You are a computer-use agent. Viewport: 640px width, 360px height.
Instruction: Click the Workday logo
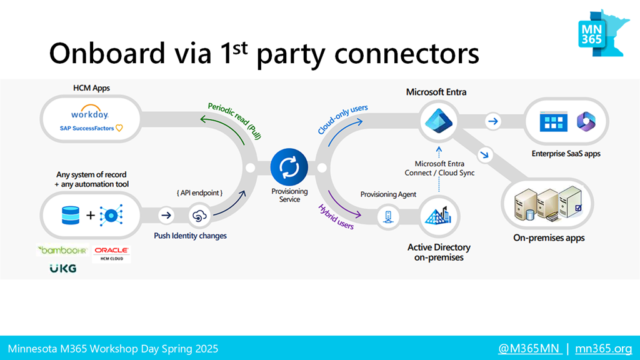click(x=90, y=112)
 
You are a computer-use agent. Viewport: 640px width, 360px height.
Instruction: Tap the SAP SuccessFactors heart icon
click(x=119, y=128)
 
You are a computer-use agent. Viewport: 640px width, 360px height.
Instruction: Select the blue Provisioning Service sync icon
click(x=289, y=167)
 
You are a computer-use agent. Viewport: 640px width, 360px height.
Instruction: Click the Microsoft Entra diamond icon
click(x=438, y=121)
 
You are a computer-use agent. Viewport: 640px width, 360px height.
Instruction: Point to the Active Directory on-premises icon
click(x=438, y=216)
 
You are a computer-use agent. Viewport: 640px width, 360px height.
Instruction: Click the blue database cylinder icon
click(x=71, y=215)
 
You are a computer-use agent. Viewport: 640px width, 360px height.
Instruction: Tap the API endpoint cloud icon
click(x=199, y=216)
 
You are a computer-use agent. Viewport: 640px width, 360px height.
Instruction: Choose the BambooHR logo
click(x=62, y=250)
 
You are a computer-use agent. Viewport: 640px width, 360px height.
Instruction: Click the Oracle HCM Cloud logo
click(x=111, y=254)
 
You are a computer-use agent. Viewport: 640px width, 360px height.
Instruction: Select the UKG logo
click(x=63, y=268)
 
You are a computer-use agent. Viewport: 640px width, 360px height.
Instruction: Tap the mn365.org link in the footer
click(x=603, y=349)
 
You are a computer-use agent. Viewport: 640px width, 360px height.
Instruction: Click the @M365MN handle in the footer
click(x=529, y=349)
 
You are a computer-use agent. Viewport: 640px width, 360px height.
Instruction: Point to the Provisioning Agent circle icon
click(x=387, y=216)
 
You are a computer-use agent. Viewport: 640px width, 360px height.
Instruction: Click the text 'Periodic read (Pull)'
click(x=235, y=121)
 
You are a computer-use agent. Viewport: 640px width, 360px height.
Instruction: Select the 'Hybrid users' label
click(x=336, y=217)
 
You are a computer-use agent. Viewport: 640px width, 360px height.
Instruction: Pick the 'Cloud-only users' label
click(x=342, y=119)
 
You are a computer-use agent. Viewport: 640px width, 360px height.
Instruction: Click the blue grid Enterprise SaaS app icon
click(x=554, y=121)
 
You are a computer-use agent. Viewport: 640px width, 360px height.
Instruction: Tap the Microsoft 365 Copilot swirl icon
click(x=586, y=121)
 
